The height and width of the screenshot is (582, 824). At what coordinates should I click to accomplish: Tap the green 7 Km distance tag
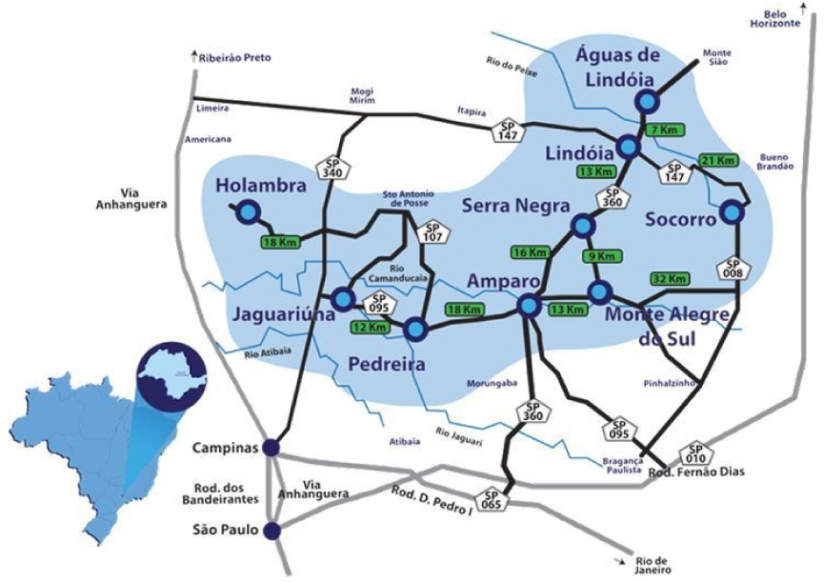click(665, 128)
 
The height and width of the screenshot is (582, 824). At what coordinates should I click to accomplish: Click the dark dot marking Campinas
click(271, 448)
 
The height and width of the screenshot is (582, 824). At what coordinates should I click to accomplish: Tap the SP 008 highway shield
click(733, 270)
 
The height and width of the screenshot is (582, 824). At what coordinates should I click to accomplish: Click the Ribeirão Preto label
click(235, 58)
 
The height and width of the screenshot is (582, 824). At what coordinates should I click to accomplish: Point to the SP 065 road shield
click(492, 501)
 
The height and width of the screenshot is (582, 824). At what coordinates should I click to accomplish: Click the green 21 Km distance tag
click(718, 160)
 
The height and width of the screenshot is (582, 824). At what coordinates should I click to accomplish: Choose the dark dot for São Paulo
click(271, 531)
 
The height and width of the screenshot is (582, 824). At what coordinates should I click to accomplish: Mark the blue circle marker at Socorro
click(732, 212)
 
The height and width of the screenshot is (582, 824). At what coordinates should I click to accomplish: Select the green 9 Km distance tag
click(605, 256)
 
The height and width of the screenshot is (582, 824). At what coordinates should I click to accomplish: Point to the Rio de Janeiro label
click(650, 564)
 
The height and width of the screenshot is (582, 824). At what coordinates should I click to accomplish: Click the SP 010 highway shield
click(694, 455)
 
